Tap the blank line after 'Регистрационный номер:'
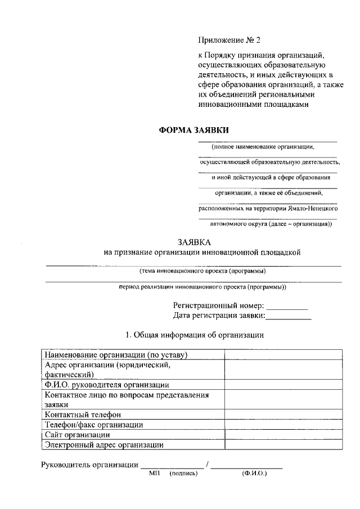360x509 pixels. (287, 308)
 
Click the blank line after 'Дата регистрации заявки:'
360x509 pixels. (289, 318)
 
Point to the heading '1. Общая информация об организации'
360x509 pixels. (195, 335)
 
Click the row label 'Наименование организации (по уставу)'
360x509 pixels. (116, 355)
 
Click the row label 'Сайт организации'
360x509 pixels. (78, 435)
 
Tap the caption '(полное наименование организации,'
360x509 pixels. (263, 147)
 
